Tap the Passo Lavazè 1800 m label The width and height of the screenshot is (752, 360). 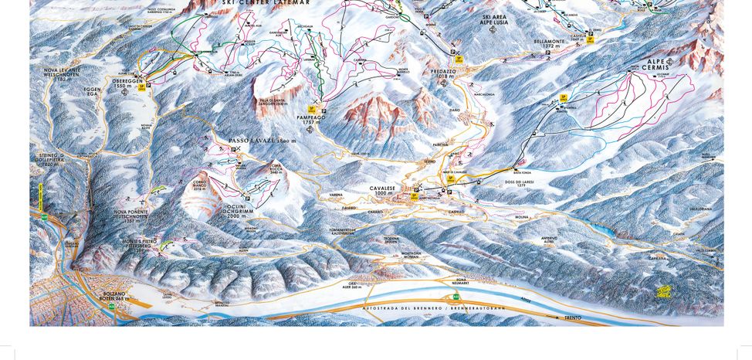pos(263,141)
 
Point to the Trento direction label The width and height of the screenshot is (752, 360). pos(573,318)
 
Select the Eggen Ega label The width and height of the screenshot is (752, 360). pos(92,92)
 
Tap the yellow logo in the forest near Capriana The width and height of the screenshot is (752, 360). pos(663,291)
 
